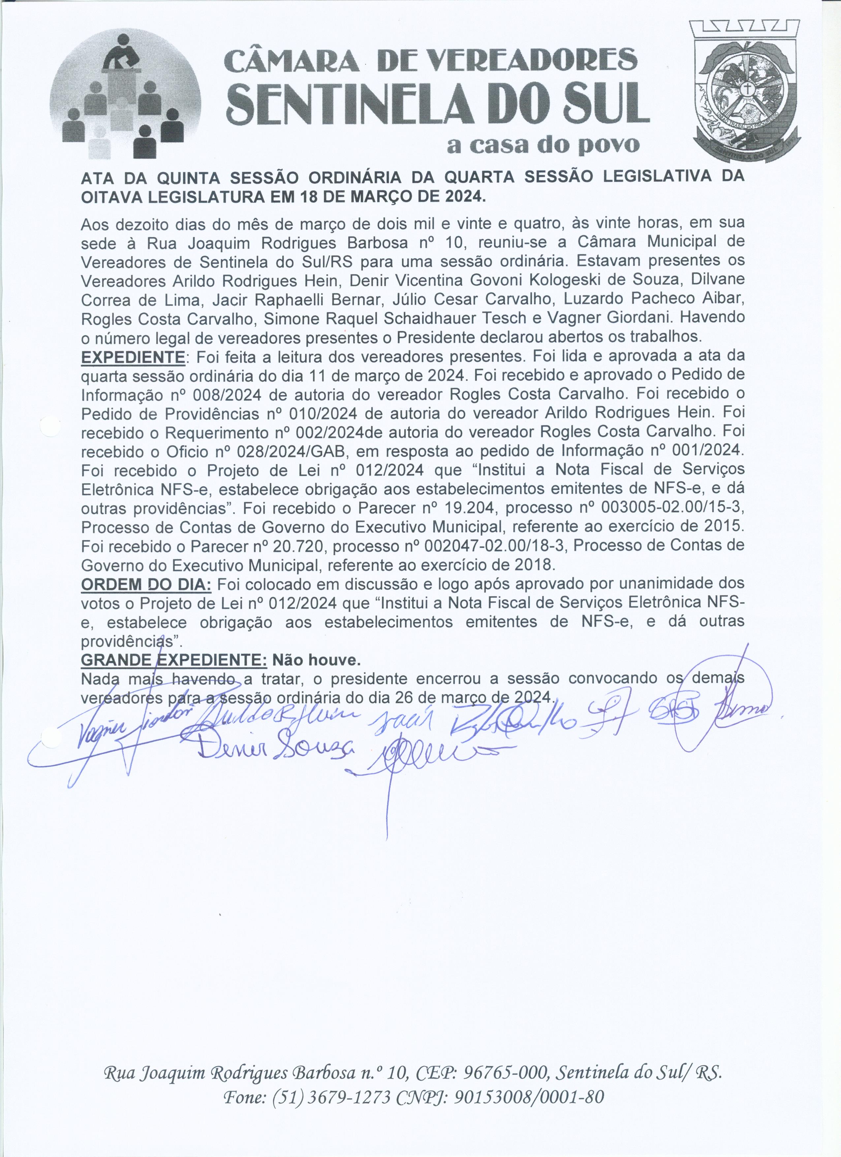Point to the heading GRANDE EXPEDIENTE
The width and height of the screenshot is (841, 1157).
(173, 660)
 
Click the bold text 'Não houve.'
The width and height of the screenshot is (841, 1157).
(317, 660)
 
